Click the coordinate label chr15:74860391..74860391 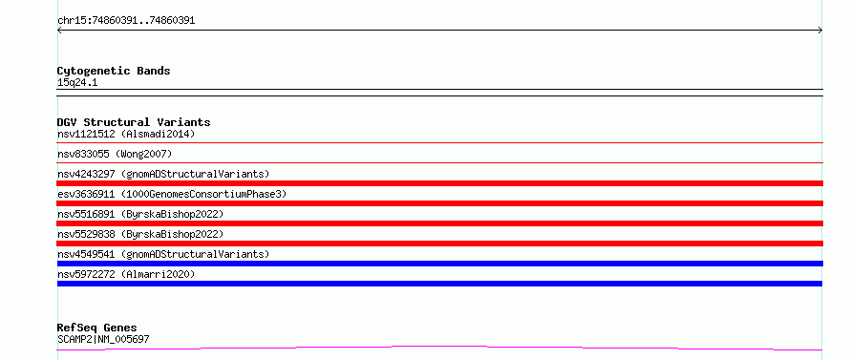point(126,21)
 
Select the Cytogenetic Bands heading point(114,71)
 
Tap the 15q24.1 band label point(77,83)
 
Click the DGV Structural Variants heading point(134,122)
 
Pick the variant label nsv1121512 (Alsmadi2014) point(126,134)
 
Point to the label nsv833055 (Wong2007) point(115,154)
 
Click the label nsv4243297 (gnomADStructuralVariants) point(163,174)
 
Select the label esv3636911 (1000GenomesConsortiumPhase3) point(172,194)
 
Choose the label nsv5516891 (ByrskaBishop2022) point(140,214)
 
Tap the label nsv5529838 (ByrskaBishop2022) point(140,234)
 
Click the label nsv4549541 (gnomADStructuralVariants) point(163,254)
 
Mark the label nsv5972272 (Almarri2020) point(126,274)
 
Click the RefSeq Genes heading point(97,328)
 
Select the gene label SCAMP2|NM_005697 point(103,339)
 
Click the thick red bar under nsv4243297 point(440,183)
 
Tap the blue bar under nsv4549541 point(440,264)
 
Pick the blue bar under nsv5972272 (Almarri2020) point(439,284)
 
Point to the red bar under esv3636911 point(440,203)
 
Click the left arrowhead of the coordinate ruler point(59,31)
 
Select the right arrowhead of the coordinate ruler point(820,31)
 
